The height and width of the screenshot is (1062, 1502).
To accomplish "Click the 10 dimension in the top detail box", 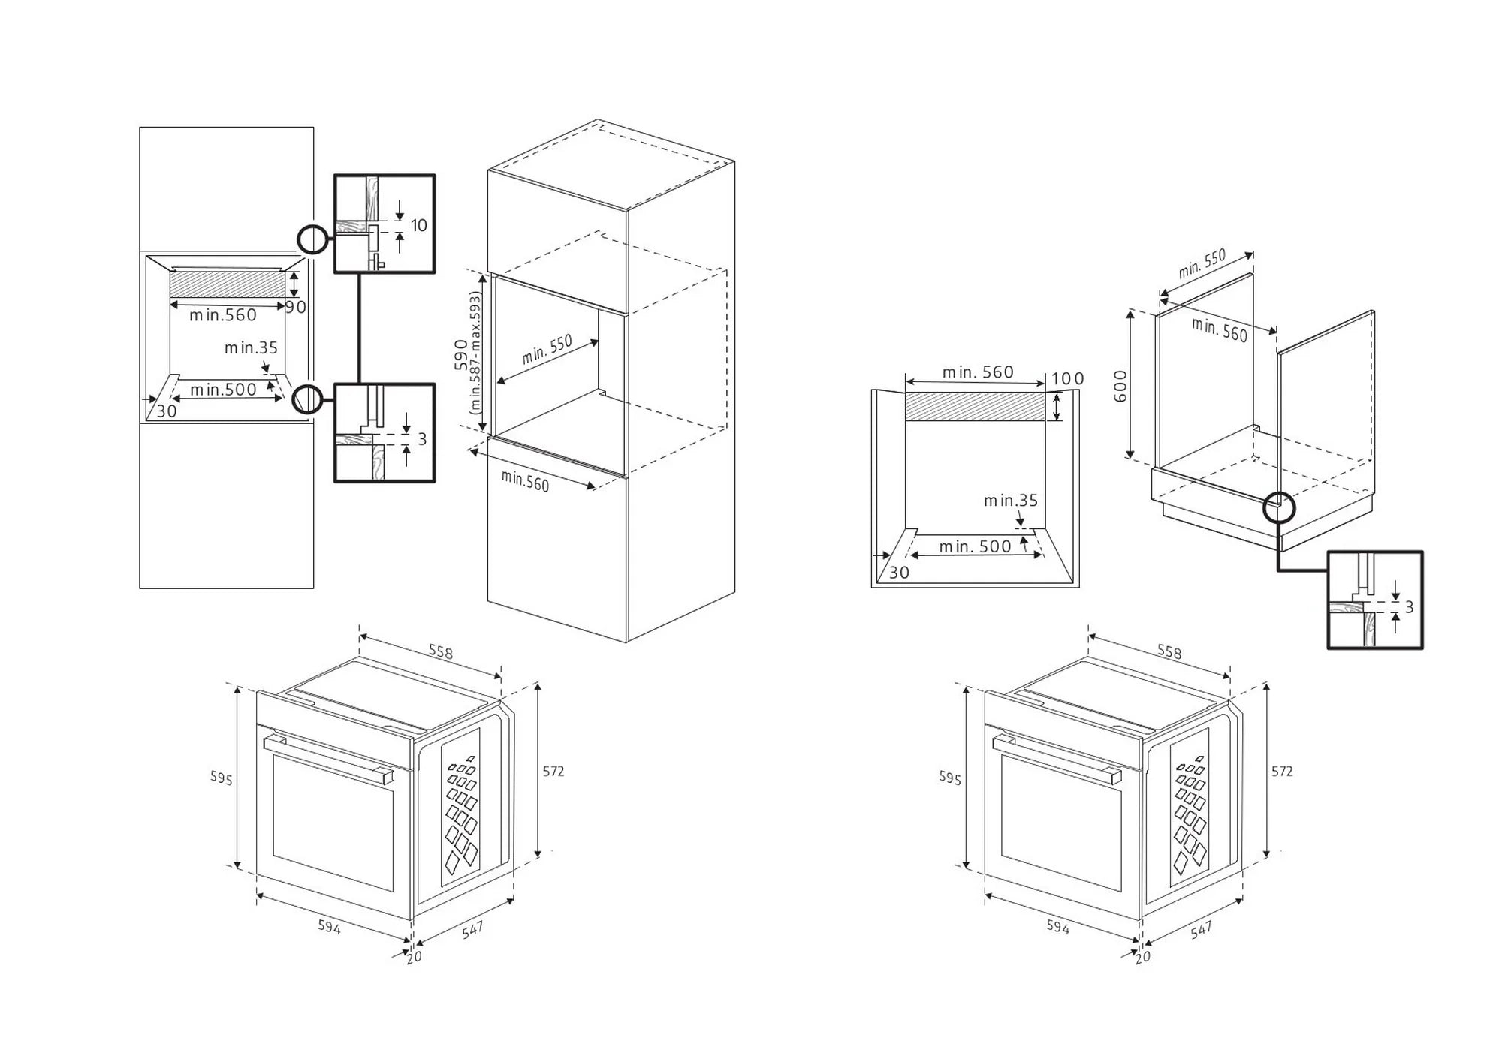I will [x=418, y=225].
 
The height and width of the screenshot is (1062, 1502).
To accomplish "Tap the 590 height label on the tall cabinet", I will [x=461, y=354].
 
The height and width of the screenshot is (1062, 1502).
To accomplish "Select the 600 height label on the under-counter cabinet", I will [x=1120, y=386].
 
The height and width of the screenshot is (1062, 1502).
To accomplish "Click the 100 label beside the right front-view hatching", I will [x=1067, y=379].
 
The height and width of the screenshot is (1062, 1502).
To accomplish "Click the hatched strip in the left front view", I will [x=228, y=285].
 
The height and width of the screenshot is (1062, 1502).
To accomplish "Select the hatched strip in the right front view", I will [x=975, y=406].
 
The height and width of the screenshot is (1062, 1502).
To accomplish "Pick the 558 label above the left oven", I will [x=441, y=652].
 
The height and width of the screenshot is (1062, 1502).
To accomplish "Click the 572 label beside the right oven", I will [x=1282, y=771].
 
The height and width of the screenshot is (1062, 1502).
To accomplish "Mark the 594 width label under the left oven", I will [x=329, y=927].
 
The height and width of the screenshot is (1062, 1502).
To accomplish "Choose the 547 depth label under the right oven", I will [x=1201, y=930].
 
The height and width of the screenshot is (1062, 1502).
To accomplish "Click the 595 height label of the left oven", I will [x=221, y=778].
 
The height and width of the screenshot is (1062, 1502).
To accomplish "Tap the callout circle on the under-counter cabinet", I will [x=1279, y=508].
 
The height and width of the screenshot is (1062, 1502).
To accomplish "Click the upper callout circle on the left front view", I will [x=312, y=240].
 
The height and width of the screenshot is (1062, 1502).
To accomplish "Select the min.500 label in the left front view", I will [x=223, y=390].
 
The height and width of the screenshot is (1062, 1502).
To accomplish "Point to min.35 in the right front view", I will [x=1011, y=501].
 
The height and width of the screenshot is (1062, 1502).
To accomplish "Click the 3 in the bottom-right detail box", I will [x=1409, y=606].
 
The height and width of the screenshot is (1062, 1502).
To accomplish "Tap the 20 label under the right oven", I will [x=1142, y=957].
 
